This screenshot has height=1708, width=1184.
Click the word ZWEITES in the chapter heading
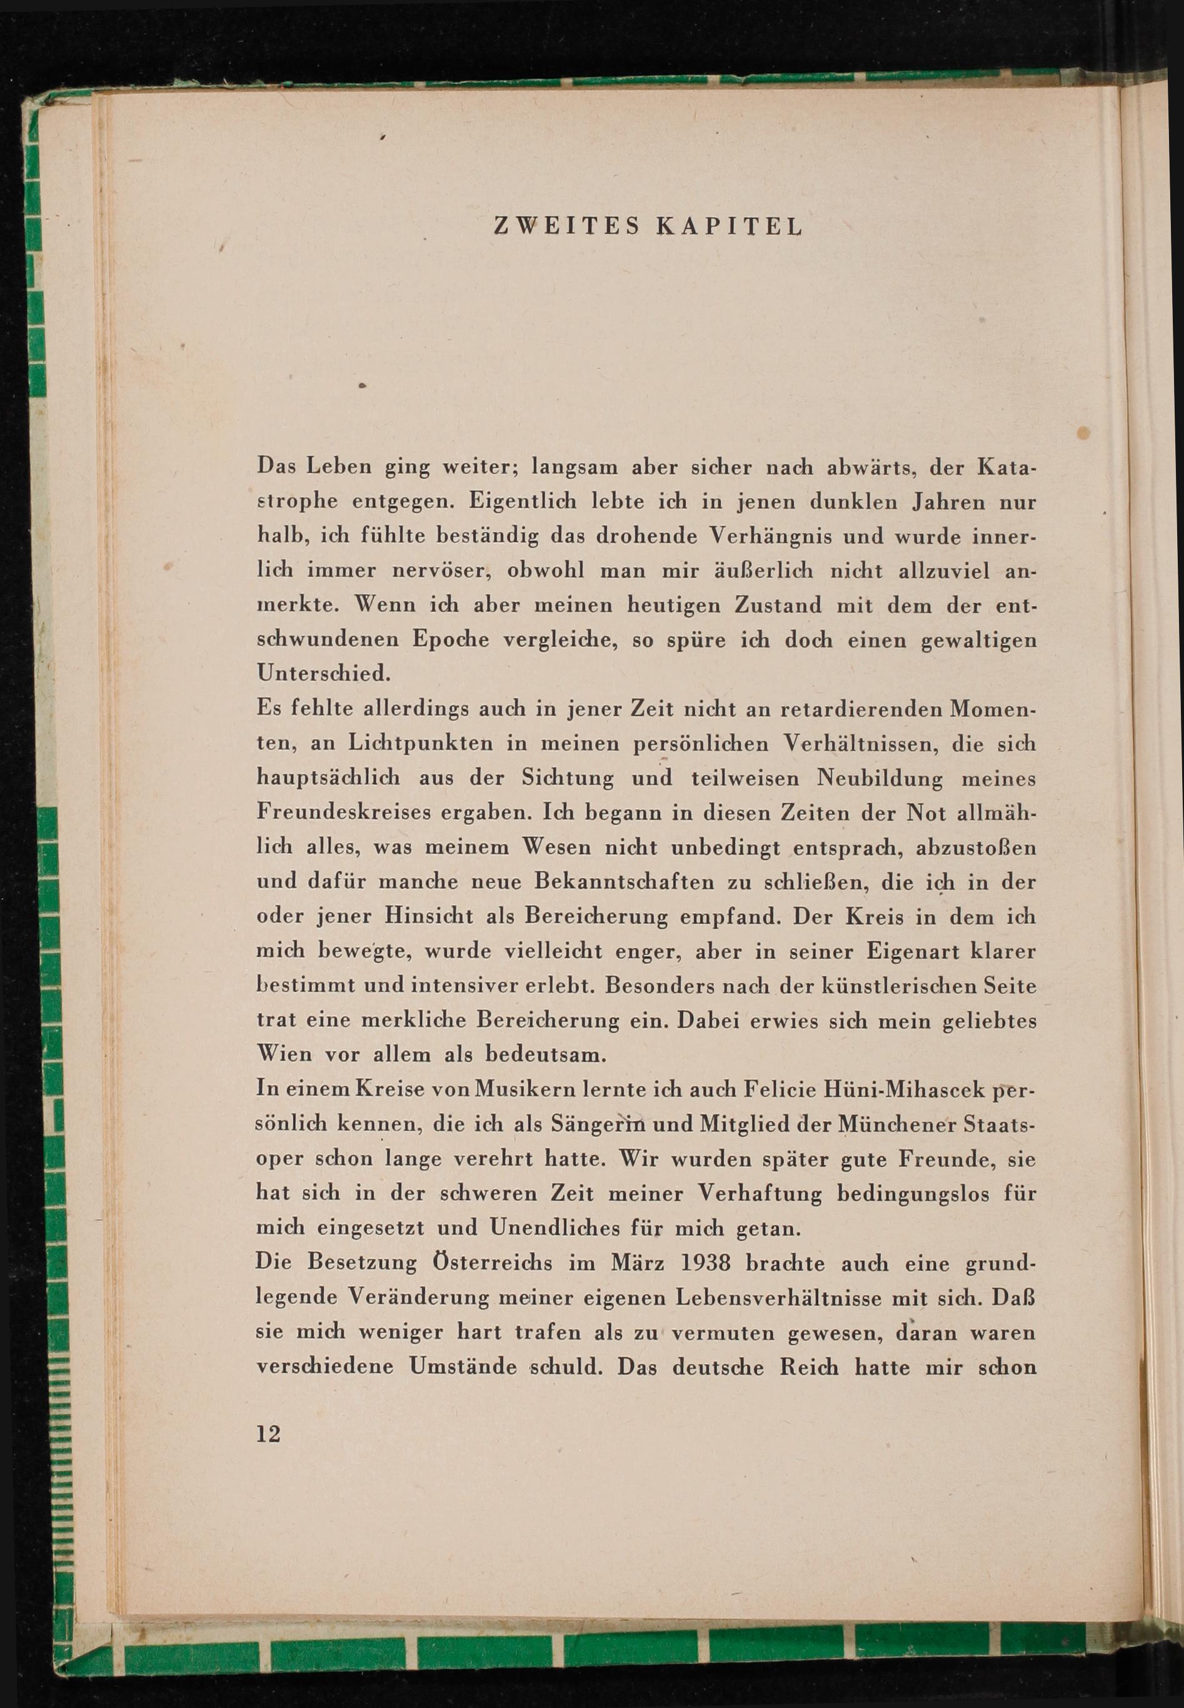point(565,226)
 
